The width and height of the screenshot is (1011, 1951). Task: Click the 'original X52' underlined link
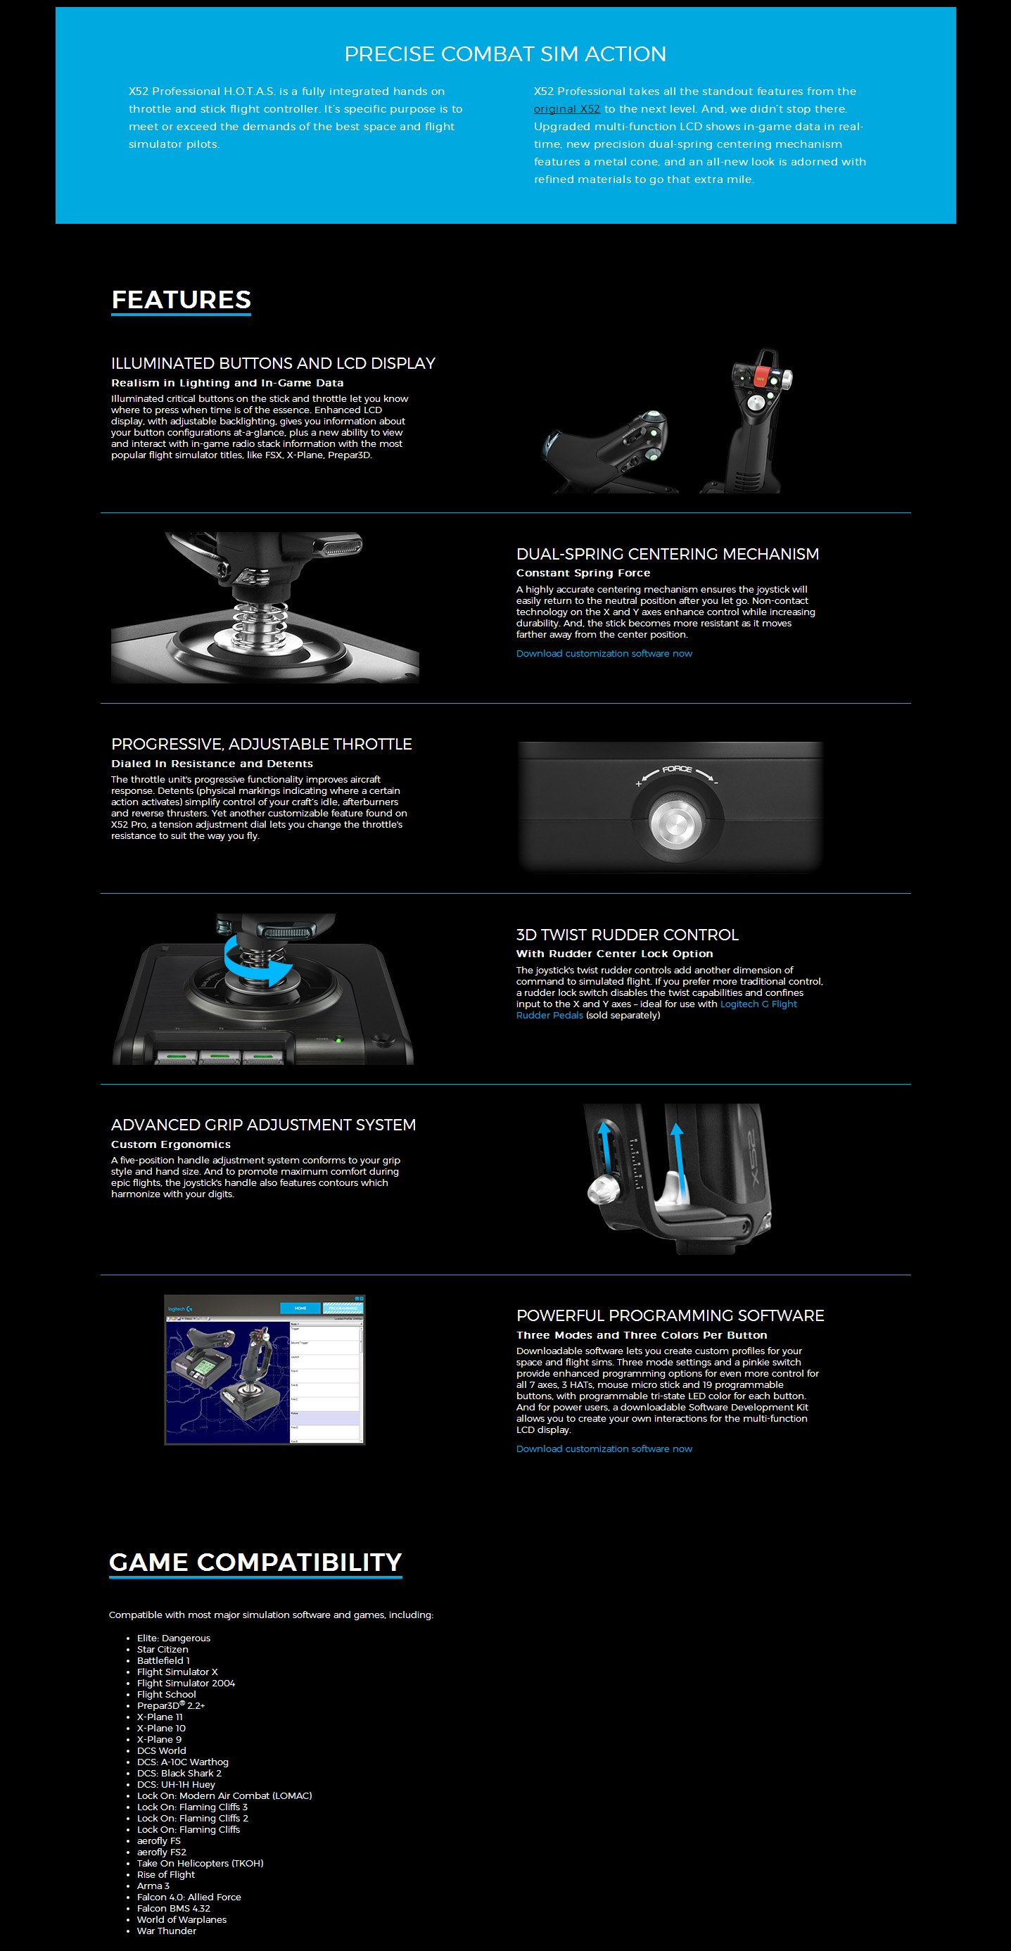click(566, 109)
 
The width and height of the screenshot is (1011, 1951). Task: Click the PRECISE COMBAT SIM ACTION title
click(505, 53)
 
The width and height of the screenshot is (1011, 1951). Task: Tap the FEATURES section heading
click(181, 299)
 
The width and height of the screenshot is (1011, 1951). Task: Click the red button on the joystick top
click(760, 377)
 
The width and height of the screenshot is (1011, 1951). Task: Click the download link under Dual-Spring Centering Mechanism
click(604, 654)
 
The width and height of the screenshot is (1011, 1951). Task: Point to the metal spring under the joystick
click(264, 623)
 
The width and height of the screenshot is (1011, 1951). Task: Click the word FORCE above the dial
click(677, 769)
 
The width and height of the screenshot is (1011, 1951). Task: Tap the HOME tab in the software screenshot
click(300, 1308)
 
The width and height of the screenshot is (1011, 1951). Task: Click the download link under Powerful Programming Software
click(604, 1449)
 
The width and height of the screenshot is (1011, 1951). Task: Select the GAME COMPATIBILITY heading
click(255, 1562)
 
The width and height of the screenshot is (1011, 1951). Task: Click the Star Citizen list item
click(162, 1650)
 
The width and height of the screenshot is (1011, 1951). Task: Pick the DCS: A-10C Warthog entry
click(182, 1762)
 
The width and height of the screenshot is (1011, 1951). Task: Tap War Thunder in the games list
click(167, 1931)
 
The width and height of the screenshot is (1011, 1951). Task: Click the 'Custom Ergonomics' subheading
click(170, 1144)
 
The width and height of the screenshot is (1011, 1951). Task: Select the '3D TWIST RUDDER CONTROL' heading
click(627, 935)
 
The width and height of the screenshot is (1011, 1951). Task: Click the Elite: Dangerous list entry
click(173, 1639)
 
